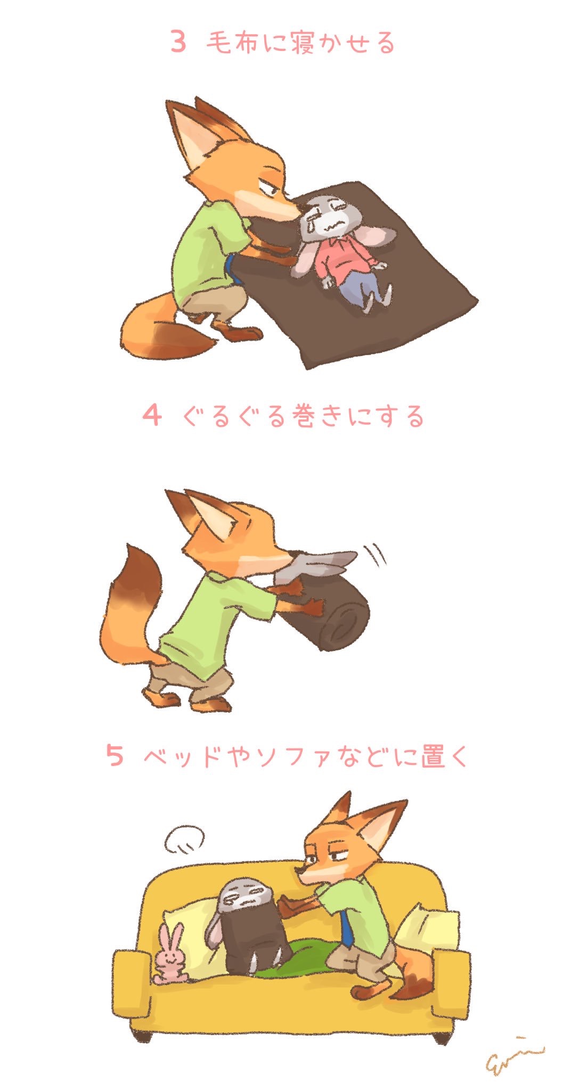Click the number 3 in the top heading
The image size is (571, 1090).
pyautogui.click(x=178, y=42)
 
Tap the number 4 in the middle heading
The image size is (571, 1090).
pyautogui.click(x=152, y=415)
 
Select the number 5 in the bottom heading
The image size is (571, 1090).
pyautogui.click(x=115, y=755)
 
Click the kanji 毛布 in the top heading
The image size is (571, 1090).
pyautogui.click(x=232, y=42)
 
